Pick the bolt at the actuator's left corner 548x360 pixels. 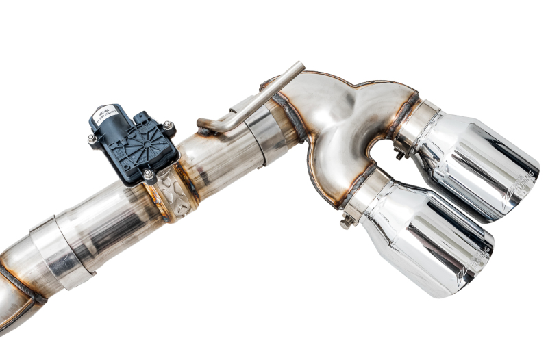click(x=92, y=139)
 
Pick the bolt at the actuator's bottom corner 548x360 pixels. click(x=148, y=175)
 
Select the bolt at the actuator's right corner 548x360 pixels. click(x=167, y=126)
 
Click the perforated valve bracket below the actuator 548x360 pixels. click(x=168, y=195)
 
